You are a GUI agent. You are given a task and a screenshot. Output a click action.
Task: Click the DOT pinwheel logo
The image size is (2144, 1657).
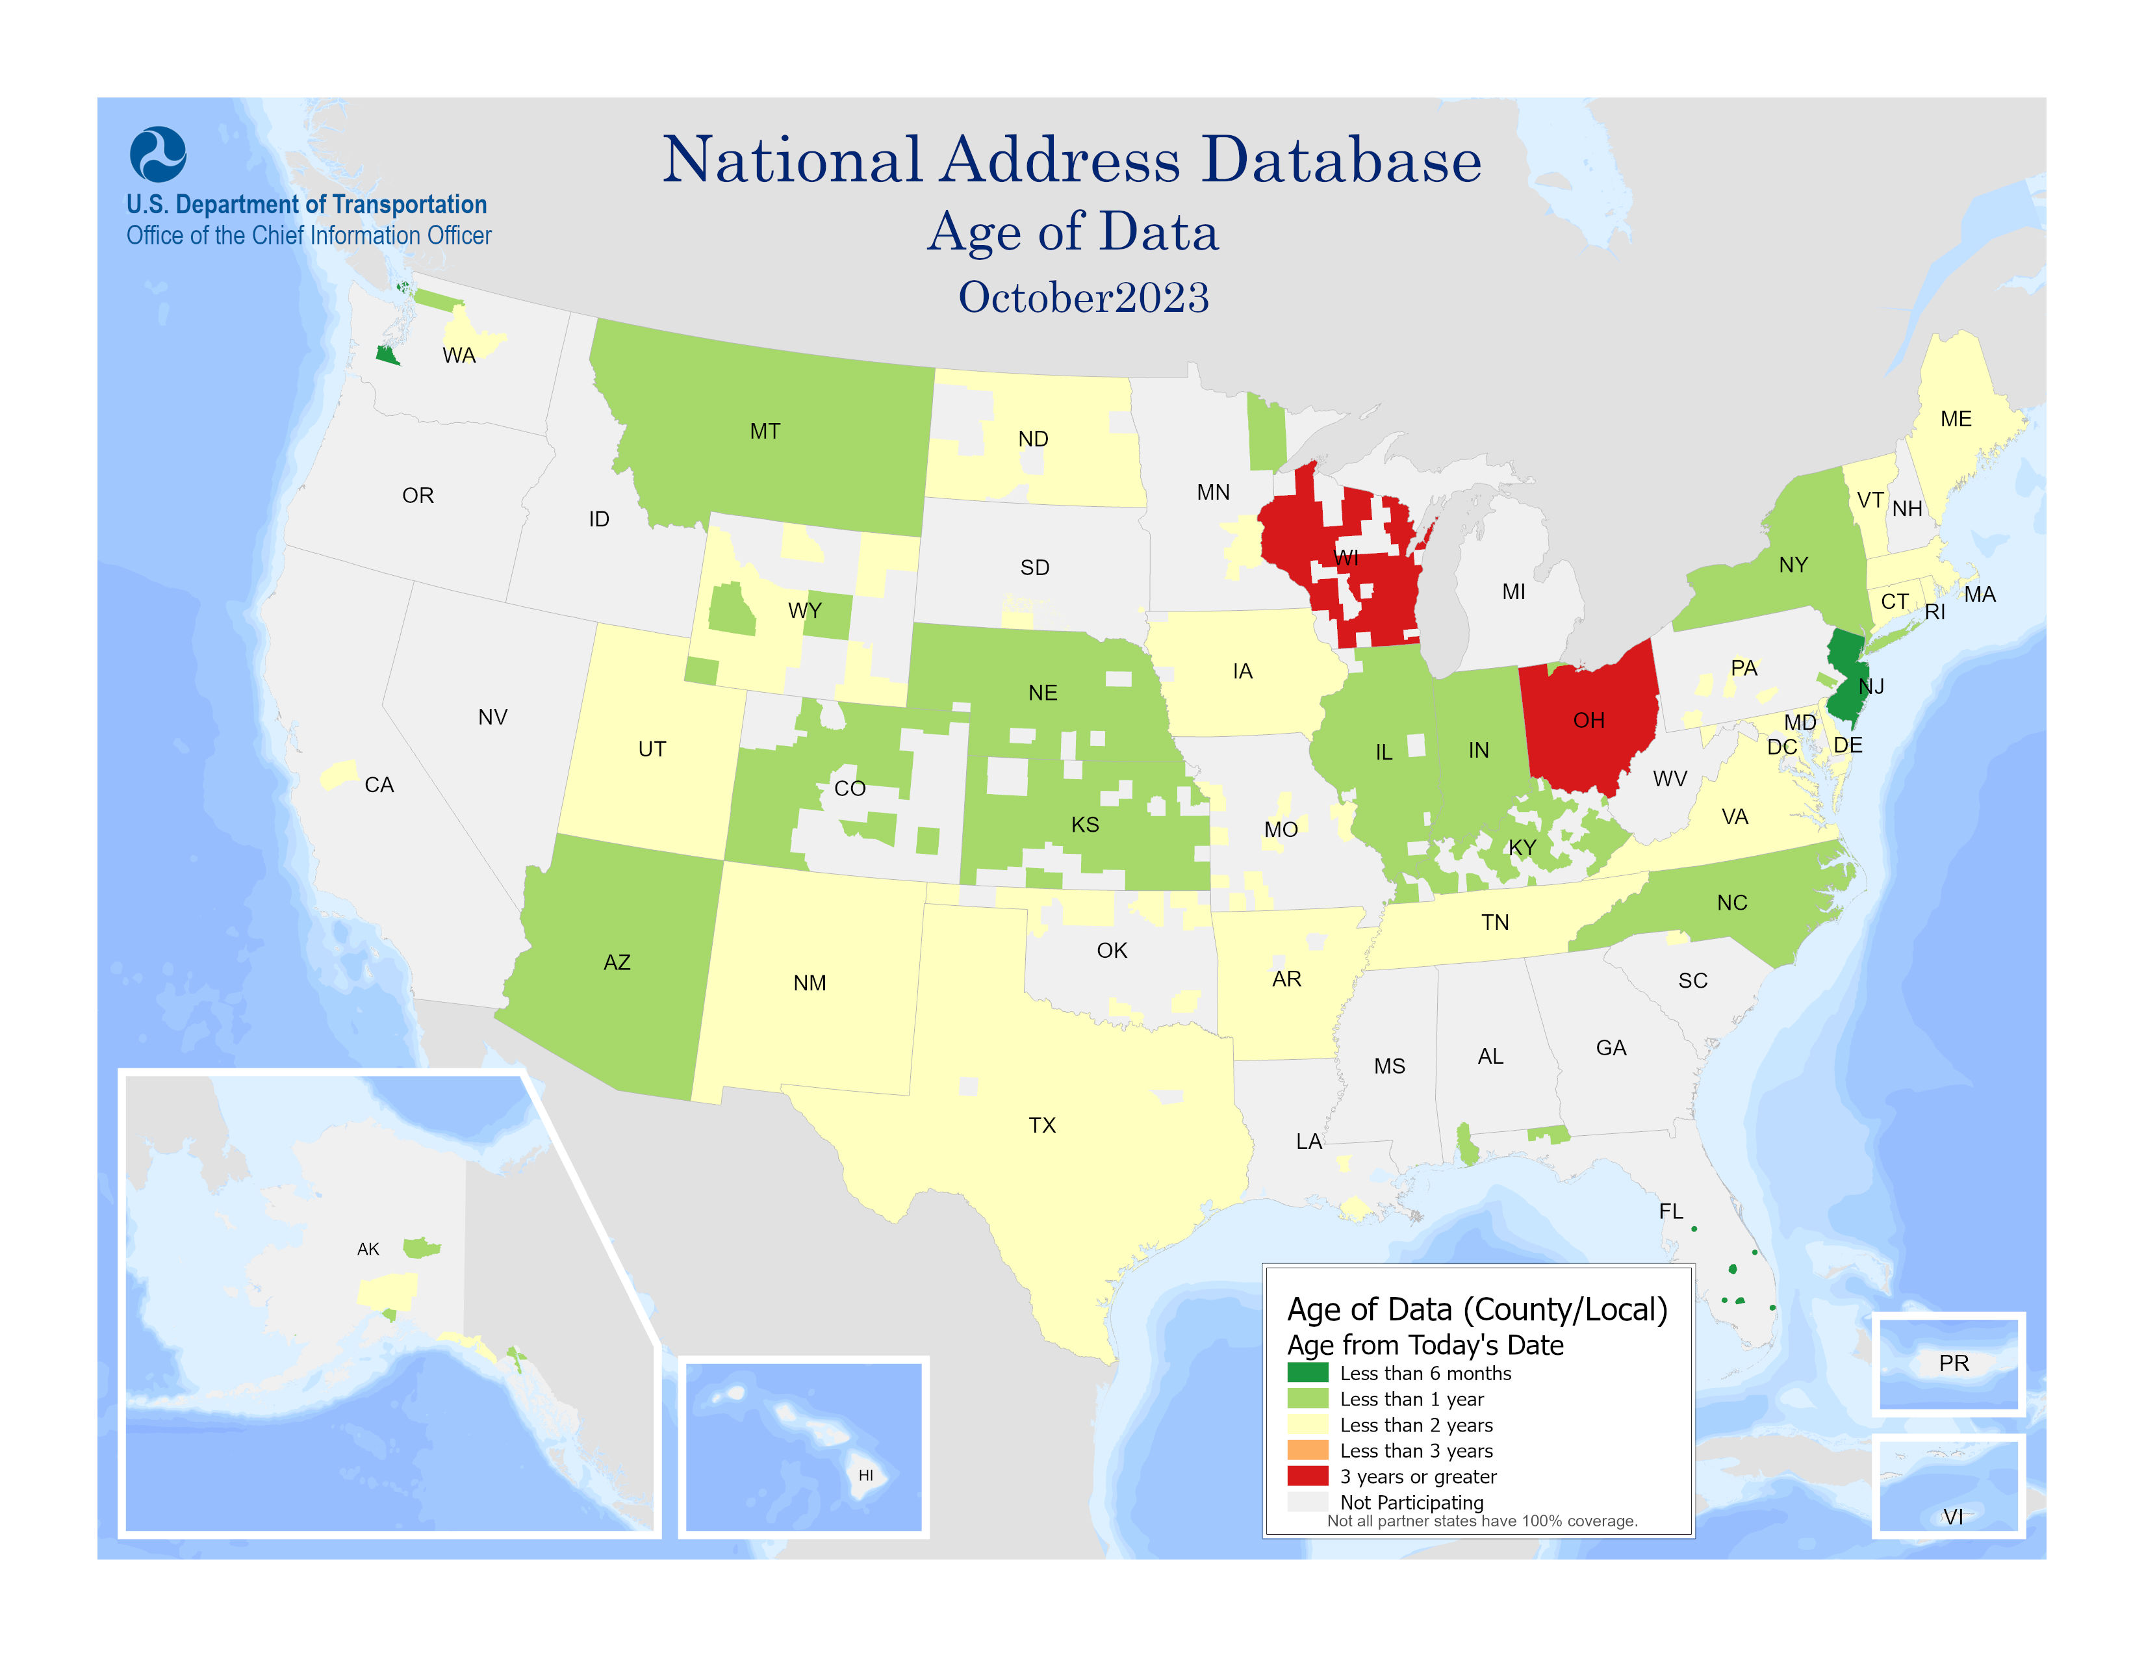(x=158, y=154)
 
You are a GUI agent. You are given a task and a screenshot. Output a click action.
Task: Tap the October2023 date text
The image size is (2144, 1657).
(x=1083, y=298)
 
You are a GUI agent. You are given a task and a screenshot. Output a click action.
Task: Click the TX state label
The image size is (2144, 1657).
(x=1041, y=1125)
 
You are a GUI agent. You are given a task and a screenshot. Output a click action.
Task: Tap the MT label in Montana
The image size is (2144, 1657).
(x=765, y=431)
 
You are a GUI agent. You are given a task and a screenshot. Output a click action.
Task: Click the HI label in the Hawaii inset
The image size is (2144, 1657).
(x=865, y=1474)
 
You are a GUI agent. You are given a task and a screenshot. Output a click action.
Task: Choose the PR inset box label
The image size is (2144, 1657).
(x=1952, y=1363)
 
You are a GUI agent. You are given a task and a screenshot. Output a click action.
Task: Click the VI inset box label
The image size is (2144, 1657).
(x=1952, y=1517)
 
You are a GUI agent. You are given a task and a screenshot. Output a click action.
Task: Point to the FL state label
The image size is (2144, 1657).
(x=1670, y=1211)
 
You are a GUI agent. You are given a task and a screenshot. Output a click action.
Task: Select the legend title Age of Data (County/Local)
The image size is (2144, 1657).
(x=1477, y=1309)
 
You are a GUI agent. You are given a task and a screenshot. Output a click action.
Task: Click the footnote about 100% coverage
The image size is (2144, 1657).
(x=1481, y=1521)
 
